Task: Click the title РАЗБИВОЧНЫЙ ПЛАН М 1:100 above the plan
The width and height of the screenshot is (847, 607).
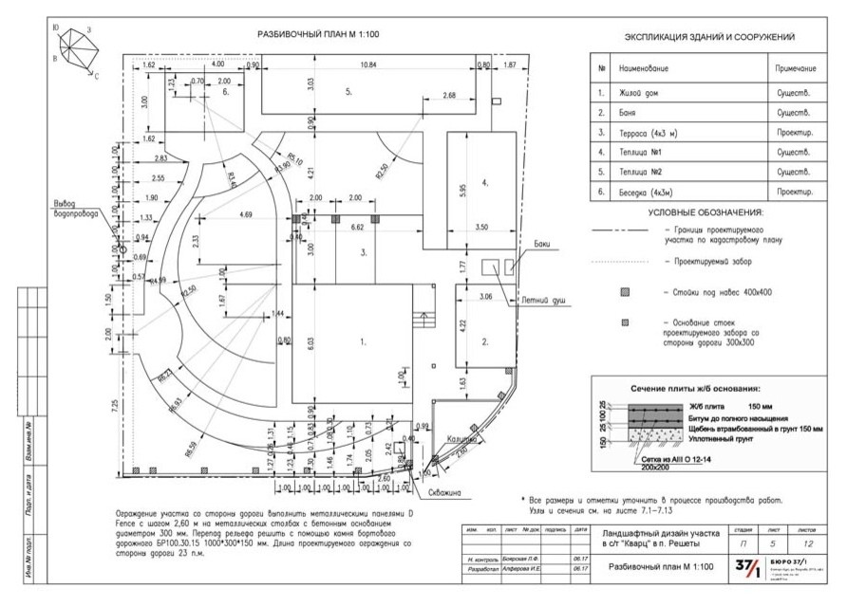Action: click(x=318, y=34)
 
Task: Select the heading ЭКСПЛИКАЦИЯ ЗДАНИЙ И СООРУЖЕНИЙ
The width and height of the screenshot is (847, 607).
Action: click(x=708, y=37)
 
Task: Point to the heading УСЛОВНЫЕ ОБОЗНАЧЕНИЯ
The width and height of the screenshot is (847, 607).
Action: click(x=706, y=212)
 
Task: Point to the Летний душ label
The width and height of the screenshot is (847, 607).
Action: click(x=547, y=300)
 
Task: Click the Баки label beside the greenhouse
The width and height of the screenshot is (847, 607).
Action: click(x=542, y=244)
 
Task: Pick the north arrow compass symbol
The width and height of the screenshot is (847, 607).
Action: click(x=76, y=46)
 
